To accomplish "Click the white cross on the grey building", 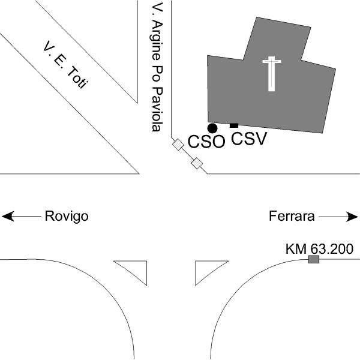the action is point(272,72).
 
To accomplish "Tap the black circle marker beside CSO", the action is point(212,128).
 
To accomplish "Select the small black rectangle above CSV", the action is point(234,125).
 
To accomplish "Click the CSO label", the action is point(206,142).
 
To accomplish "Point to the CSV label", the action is point(248,139).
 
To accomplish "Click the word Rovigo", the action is point(67,216).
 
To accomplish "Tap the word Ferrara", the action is point(291,216).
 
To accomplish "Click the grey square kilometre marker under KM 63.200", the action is point(313,259).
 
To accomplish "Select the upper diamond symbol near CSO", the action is point(178,144).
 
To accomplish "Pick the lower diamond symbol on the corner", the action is point(196,162).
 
